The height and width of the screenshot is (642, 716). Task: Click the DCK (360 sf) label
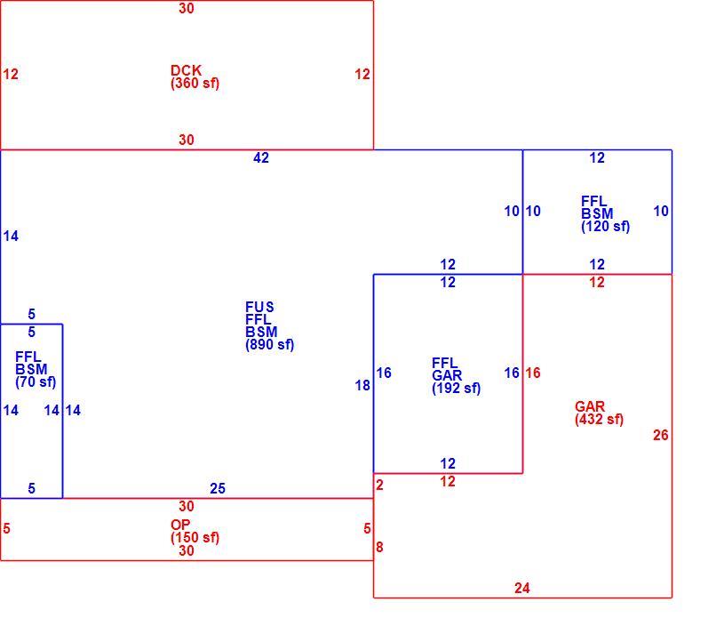tap(195, 76)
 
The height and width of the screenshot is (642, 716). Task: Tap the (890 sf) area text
tap(270, 344)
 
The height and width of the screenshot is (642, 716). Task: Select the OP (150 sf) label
tap(195, 531)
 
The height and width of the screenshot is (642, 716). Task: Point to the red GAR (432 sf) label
tap(599, 413)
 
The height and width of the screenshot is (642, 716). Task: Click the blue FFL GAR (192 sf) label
tap(457, 375)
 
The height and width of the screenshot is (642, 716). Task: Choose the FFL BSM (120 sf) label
tap(606, 213)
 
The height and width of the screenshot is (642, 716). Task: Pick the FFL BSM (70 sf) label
tap(36, 369)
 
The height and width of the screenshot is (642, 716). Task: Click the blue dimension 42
tap(261, 157)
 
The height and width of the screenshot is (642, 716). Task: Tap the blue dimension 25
tap(218, 488)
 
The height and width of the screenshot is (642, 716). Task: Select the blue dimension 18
tap(362, 386)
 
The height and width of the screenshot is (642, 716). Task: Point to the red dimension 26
tap(661, 435)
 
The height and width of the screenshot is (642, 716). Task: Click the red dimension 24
tap(522, 588)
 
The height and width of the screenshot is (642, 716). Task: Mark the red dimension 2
tap(379, 485)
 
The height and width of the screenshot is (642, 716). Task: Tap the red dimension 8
tap(379, 547)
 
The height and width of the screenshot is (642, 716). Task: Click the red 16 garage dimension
tap(533, 373)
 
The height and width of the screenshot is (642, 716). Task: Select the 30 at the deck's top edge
tap(187, 8)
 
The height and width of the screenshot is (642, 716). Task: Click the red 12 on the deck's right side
tap(362, 74)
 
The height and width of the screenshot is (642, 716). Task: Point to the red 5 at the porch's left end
tap(6, 528)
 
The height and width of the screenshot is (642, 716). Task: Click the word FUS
tap(259, 307)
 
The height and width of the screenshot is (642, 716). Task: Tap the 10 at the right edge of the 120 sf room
tap(661, 211)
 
